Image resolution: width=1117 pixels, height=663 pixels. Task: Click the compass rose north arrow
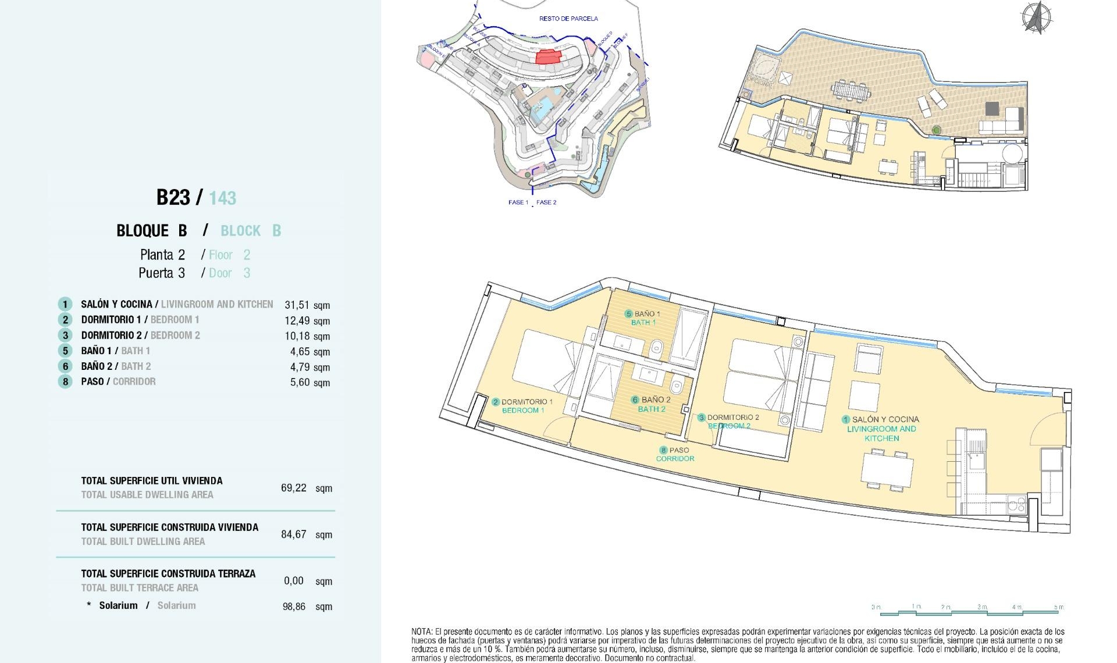pos(1036,17)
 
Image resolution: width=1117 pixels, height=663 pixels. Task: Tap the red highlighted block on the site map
pos(547,56)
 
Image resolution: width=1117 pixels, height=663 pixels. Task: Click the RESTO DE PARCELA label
pos(568,19)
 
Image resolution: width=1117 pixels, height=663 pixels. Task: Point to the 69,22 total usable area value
pos(293,488)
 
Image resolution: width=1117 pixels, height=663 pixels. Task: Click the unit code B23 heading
pos(173,198)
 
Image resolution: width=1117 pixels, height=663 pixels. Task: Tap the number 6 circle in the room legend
pos(65,366)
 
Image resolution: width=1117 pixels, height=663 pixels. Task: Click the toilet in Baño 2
pos(677,386)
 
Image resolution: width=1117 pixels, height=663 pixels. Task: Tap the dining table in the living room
pos(887,469)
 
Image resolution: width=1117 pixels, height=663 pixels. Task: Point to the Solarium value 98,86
pos(294,607)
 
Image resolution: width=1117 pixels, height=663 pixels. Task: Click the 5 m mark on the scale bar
pos(1059,607)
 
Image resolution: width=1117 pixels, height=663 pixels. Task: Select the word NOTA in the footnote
pos(421,632)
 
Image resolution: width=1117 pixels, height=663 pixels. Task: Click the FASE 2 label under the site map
pos(546,202)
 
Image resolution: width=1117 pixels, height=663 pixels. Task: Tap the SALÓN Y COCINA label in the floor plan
pos(884,419)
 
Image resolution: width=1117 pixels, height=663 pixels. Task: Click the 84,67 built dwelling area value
pos(293,534)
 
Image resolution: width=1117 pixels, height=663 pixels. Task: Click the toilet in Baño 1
pos(656,349)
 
